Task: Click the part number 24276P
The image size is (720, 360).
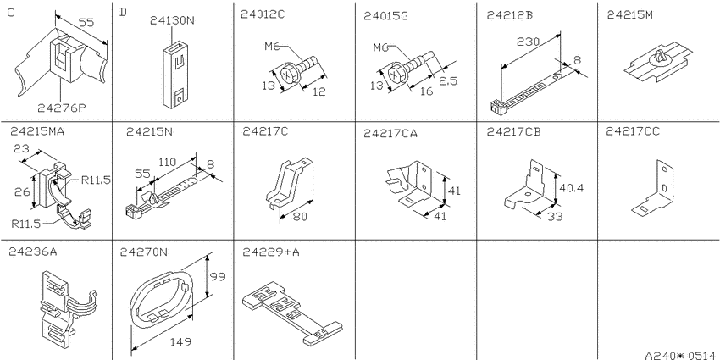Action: point(62,108)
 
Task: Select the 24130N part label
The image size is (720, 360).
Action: point(172,20)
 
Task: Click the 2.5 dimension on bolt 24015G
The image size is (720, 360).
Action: point(447,80)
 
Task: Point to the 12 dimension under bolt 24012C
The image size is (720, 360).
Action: point(318,91)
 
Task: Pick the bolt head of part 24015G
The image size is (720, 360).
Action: point(396,75)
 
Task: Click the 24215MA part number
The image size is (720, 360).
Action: point(36,131)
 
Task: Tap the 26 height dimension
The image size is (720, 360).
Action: point(19,191)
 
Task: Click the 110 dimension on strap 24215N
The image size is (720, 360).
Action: point(168,162)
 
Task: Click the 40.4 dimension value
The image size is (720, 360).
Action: point(570,187)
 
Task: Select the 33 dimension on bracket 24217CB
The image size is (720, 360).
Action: point(555,216)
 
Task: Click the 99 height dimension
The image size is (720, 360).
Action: point(217,277)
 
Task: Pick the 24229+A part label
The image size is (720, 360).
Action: point(271,252)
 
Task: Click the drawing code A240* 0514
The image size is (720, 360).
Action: point(681,355)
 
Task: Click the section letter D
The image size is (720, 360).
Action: point(123,12)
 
